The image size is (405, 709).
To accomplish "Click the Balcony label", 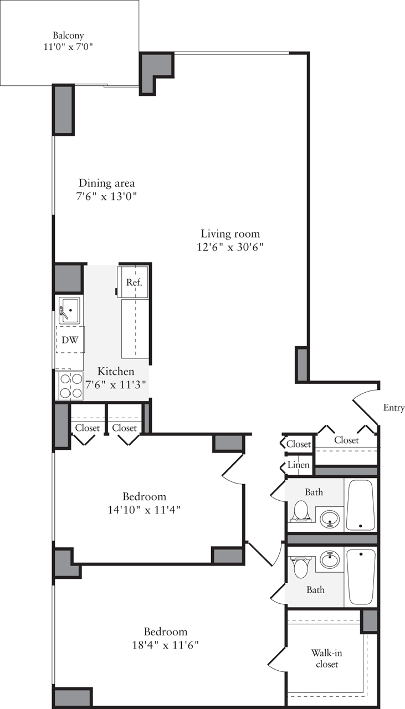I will (x=68, y=35).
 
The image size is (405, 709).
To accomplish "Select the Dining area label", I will (x=106, y=183).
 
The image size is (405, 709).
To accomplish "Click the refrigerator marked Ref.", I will (x=134, y=282).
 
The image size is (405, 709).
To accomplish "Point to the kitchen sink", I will (x=69, y=309).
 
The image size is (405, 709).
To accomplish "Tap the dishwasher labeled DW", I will (x=70, y=340).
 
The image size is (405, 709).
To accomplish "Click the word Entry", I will (x=393, y=408).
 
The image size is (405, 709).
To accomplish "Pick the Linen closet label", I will (x=299, y=465).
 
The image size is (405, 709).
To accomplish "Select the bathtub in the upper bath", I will (x=361, y=505).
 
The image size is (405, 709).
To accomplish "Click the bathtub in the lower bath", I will (x=361, y=577).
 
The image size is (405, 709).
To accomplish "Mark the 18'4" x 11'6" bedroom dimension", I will (x=165, y=645).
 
